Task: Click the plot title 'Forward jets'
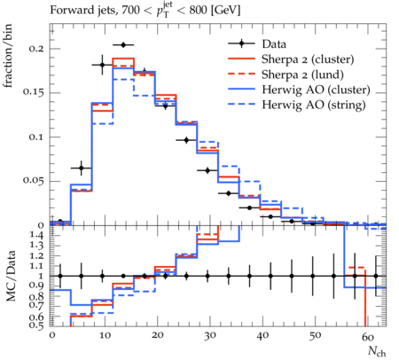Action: tap(83, 11)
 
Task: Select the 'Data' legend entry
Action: tap(274, 44)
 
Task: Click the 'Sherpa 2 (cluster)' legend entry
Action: tap(308, 59)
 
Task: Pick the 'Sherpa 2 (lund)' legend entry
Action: tap(302, 74)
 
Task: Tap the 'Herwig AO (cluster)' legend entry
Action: tap(316, 90)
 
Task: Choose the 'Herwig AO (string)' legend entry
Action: tap(314, 105)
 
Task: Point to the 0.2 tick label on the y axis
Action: tap(36, 49)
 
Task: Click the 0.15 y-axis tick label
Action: tap(34, 92)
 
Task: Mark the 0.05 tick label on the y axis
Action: tap(34, 181)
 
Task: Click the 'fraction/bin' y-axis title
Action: tap(8, 56)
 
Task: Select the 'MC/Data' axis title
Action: tap(11, 276)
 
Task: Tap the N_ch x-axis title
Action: tap(377, 351)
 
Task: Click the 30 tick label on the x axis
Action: tap(209, 336)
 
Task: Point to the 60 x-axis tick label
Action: tap(368, 337)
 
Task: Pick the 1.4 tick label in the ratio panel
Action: tap(37, 236)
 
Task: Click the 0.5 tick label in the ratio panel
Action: tap(37, 325)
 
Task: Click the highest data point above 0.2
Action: tap(123, 45)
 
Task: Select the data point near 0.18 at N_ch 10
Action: tap(102, 65)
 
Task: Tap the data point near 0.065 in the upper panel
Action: tap(82, 168)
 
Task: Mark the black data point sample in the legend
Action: tap(241, 43)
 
